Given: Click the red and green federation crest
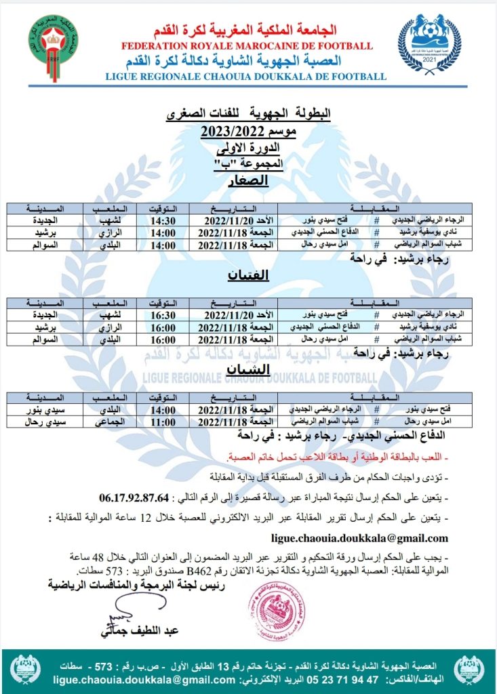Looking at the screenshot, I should click(x=53, y=47).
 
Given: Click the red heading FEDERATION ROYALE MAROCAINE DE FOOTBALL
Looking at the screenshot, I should click(x=246, y=46).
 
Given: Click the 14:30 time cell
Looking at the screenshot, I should click(x=162, y=222).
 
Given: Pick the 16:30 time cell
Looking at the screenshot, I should click(x=162, y=316).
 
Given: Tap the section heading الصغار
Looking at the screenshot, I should click(x=249, y=180).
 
